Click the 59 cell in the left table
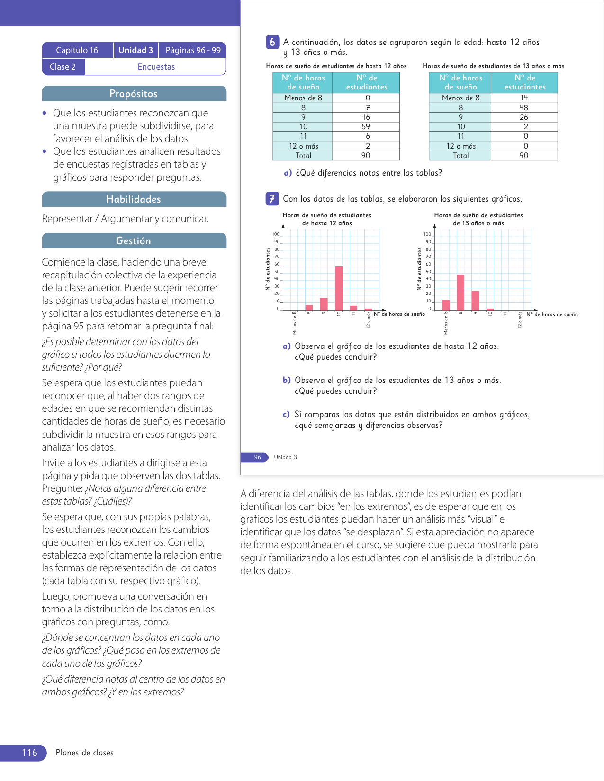(366, 127)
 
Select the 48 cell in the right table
(523, 107)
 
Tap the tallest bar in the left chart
(339, 288)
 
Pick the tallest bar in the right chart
(460, 292)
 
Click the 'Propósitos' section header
(134, 94)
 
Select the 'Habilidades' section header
(134, 199)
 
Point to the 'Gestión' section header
(134, 241)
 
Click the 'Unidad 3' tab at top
(136, 50)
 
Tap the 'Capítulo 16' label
(77, 50)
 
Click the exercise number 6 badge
(272, 42)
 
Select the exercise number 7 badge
(272, 199)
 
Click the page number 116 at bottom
(29, 753)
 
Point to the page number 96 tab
(257, 457)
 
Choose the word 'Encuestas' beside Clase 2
(156, 67)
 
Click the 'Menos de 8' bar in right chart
(446, 304)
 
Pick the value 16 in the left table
(366, 117)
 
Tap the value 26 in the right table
(523, 117)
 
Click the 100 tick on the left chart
(276, 234)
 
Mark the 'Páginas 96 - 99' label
(193, 50)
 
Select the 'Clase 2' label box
(63, 67)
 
